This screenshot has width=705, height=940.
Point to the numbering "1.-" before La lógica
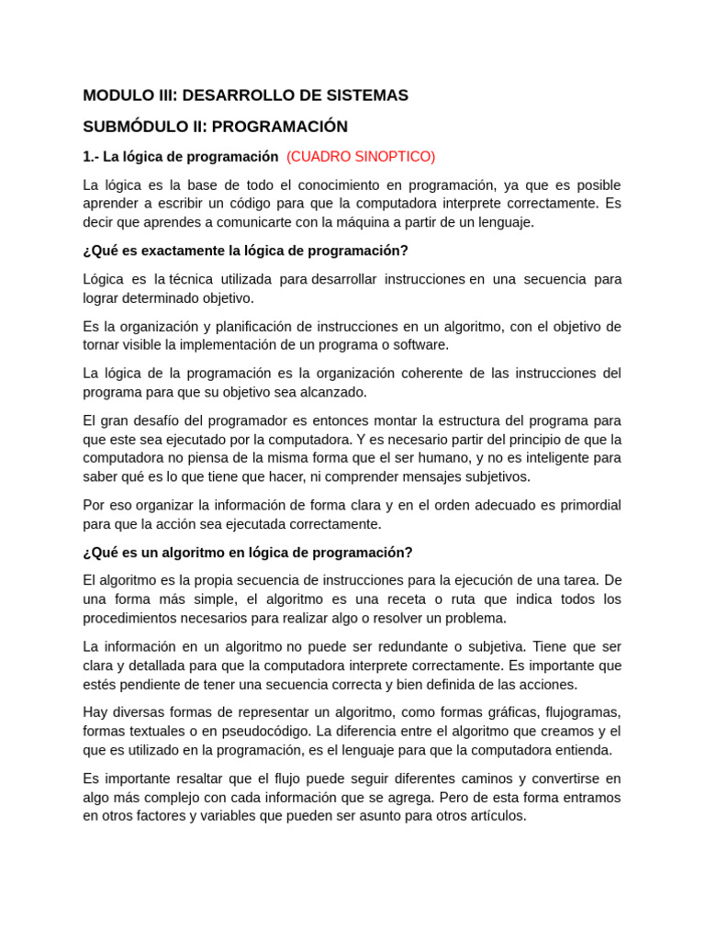click(x=91, y=156)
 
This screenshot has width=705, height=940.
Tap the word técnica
click(x=191, y=279)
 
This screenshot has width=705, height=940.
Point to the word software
click(x=419, y=345)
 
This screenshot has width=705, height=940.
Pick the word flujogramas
click(x=583, y=712)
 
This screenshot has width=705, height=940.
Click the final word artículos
click(x=498, y=815)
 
